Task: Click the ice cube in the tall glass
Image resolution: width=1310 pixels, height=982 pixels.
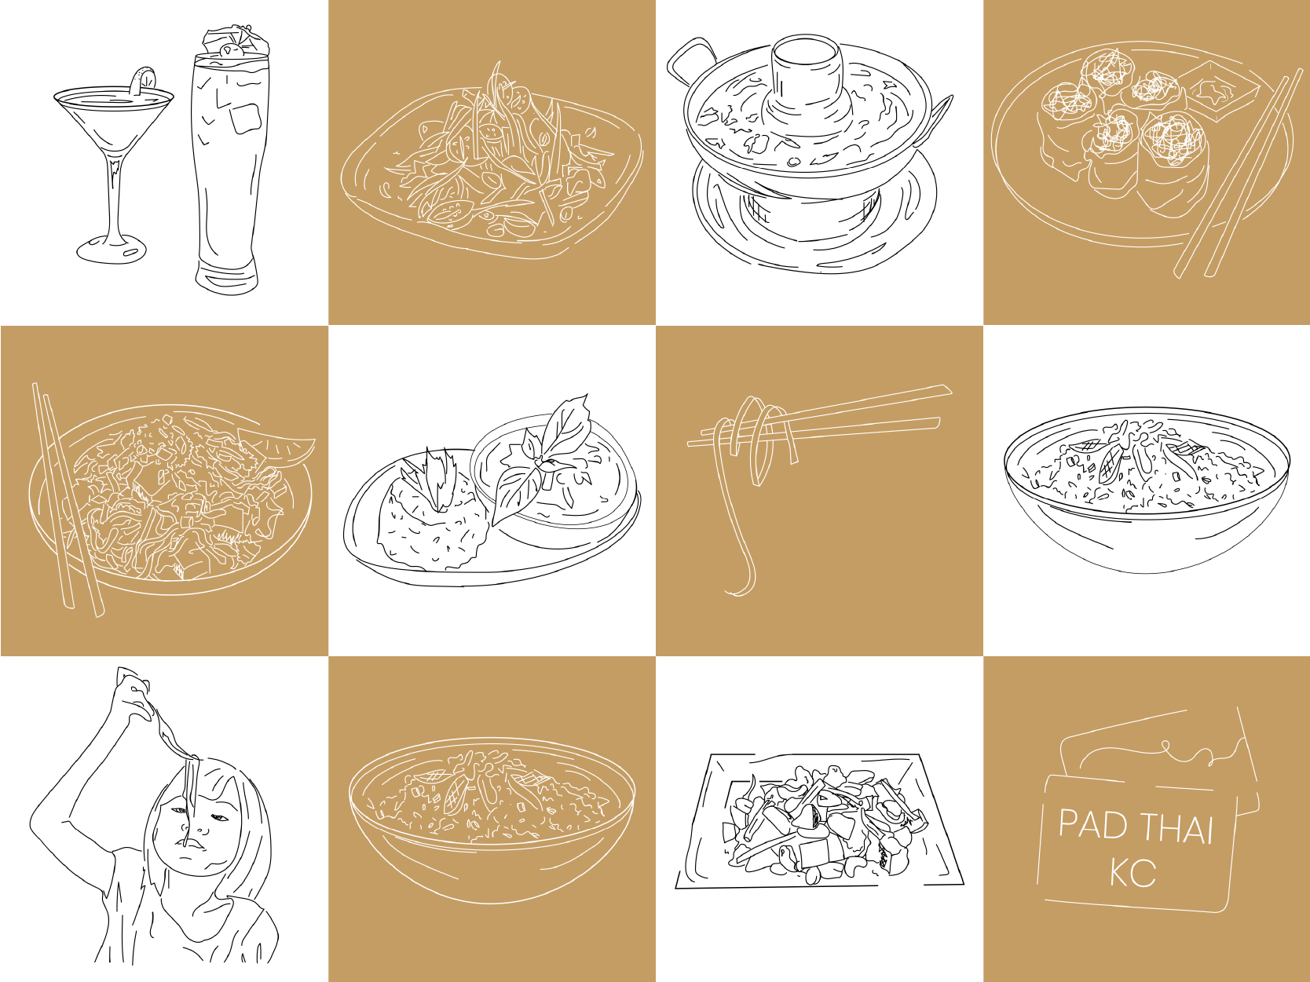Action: point(246,119)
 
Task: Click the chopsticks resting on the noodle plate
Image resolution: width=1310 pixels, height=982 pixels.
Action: point(68,500)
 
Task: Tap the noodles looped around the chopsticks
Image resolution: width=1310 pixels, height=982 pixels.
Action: point(754,477)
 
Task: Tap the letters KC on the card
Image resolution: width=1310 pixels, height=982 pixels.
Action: point(1133,874)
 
